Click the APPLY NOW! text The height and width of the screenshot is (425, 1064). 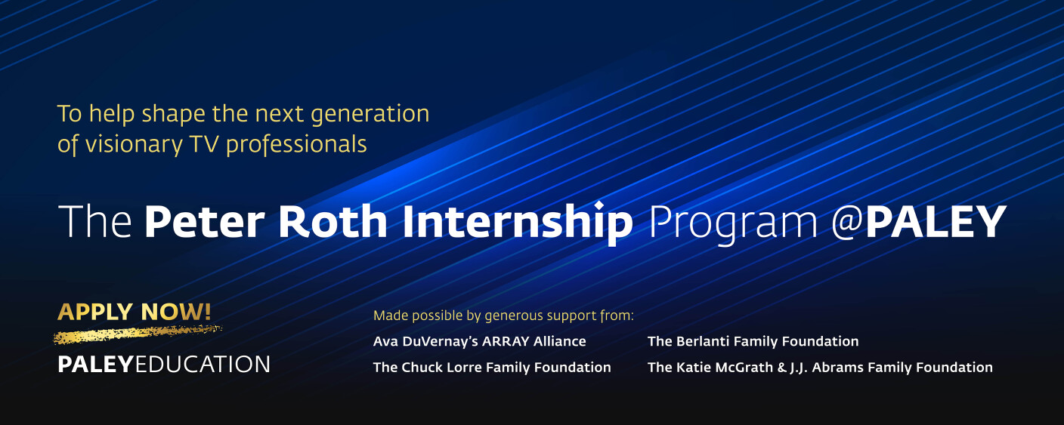[135, 311]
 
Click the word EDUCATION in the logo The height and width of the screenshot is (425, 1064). [203, 365]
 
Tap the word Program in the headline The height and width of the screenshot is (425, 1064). [733, 223]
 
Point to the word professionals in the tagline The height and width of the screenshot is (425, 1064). [296, 144]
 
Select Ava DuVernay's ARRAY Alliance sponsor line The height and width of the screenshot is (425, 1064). [479, 341]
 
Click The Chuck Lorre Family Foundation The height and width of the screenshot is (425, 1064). [492, 368]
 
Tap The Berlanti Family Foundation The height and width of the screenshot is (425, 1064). [753, 341]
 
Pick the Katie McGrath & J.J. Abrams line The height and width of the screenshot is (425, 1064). [820, 368]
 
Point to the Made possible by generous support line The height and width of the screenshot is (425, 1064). [503, 315]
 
